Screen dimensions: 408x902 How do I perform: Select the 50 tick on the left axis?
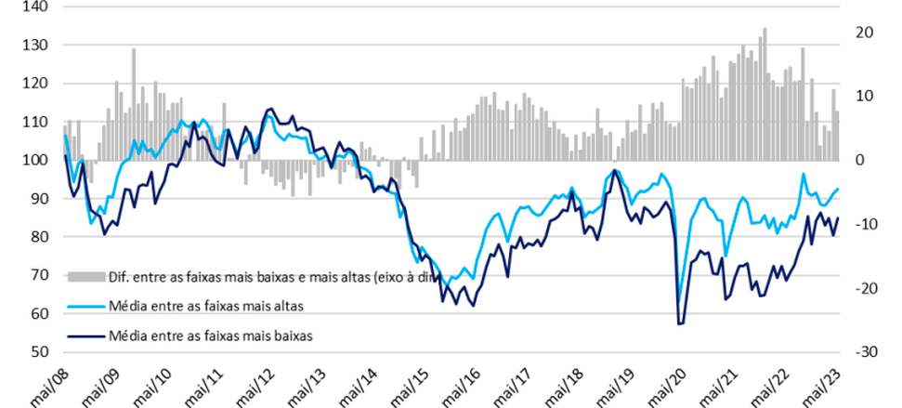(37, 352)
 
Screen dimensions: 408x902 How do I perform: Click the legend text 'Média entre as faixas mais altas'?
(205, 305)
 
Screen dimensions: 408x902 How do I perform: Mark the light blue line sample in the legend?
(85, 305)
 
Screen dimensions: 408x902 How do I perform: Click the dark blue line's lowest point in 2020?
(680, 323)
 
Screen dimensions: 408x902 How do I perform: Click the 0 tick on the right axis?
(858, 160)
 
